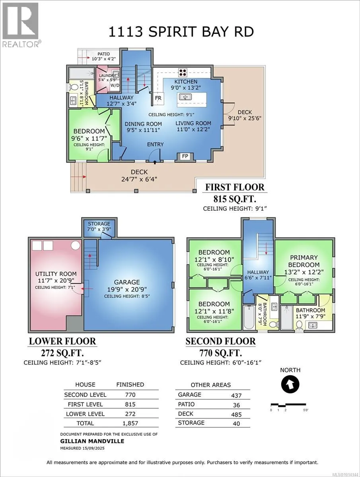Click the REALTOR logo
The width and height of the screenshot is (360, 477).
point(21,25)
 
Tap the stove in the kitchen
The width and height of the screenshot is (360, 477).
point(183,73)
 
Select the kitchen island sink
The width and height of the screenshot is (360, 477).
point(185,97)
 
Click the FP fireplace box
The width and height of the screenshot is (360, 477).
point(185,157)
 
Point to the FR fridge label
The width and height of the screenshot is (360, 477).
point(158,98)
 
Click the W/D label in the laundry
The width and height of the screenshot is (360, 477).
point(115,85)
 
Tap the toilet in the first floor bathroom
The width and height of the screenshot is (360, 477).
point(74,87)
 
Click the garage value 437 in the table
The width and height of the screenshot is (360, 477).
point(236,396)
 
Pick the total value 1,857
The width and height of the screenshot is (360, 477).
point(130,423)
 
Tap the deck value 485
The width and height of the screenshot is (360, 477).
point(236,415)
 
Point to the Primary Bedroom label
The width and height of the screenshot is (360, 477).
point(304,261)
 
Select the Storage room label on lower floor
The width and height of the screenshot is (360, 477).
point(99,224)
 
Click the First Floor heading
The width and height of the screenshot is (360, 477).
point(235,187)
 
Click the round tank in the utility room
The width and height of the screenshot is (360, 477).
point(76,246)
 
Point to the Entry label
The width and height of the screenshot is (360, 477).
point(155,144)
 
